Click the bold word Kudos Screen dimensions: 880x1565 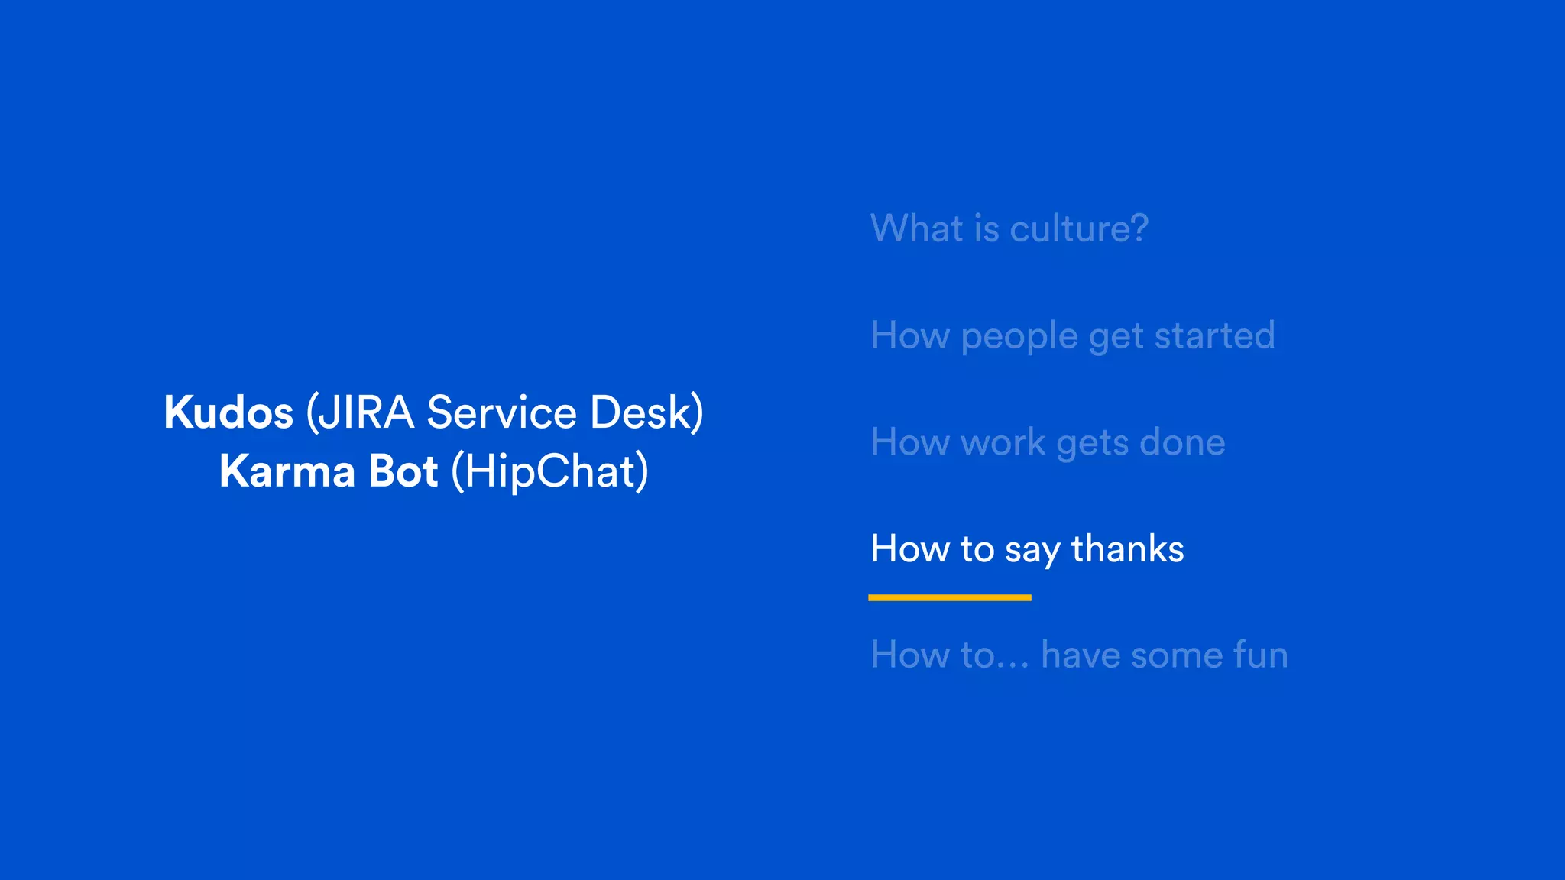coord(228,413)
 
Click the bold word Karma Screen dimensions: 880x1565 coord(287,471)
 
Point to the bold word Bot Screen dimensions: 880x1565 coord(403,471)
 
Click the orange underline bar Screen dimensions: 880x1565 coord(949,597)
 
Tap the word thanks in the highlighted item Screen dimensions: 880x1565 coord(1127,549)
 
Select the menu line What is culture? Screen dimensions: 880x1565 coord(1009,228)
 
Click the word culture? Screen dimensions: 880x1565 coord(1078,228)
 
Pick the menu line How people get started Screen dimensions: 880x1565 coord(1072,336)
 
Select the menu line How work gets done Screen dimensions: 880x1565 coord(1048,443)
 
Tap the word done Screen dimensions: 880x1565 coord(1182,442)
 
